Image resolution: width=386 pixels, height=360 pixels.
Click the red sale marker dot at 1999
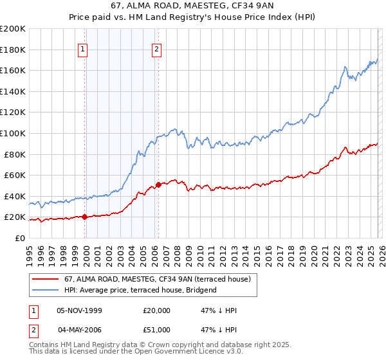(84, 217)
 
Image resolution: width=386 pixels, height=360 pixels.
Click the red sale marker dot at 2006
(158, 184)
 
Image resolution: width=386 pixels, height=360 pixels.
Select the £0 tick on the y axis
(20, 238)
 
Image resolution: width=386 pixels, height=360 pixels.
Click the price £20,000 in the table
(157, 310)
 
